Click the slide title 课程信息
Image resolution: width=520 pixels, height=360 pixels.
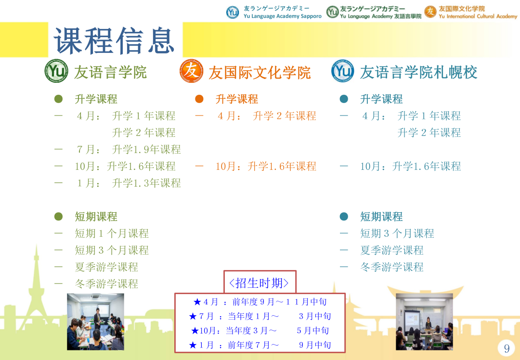[x=114, y=40]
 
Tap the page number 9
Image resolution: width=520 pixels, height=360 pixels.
[x=507, y=348]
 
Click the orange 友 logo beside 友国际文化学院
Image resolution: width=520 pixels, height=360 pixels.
[x=191, y=71]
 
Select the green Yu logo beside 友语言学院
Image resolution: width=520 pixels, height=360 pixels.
[x=56, y=71]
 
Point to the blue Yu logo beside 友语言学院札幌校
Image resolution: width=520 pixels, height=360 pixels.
[x=343, y=71]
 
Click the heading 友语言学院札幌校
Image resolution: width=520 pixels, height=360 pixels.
[x=418, y=72]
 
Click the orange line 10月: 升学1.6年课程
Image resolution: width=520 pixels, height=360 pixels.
[x=266, y=166]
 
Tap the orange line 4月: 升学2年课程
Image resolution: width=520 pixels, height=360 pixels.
[x=267, y=116]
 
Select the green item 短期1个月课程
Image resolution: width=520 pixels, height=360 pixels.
[x=112, y=233]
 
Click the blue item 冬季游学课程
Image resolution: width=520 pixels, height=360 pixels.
[x=392, y=267]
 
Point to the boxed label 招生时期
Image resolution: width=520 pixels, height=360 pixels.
[x=259, y=283]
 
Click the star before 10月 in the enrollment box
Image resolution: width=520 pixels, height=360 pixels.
[x=195, y=331]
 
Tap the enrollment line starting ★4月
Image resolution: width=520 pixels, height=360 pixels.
[x=260, y=302]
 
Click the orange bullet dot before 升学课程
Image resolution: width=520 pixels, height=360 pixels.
[x=199, y=99]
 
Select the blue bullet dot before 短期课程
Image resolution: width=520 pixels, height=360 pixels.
[x=344, y=217]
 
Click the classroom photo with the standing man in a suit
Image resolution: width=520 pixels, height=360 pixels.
[x=95, y=321]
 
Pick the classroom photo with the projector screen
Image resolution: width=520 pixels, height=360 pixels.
[x=424, y=321]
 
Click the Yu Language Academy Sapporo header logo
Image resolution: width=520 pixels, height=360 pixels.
[x=273, y=12]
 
